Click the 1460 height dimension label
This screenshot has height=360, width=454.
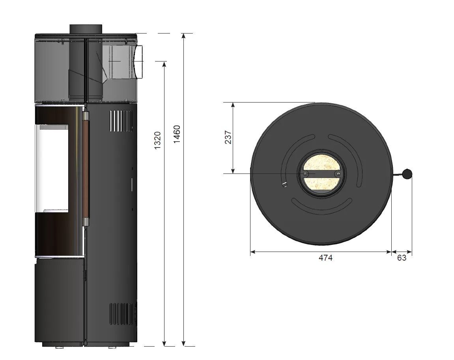pyautogui.click(x=177, y=134)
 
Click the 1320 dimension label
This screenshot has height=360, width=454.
pyautogui.click(x=157, y=140)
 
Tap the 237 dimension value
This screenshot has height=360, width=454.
pyautogui.click(x=228, y=137)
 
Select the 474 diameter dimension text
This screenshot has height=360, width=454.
pyautogui.click(x=325, y=257)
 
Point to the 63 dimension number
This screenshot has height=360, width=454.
pyautogui.click(x=402, y=257)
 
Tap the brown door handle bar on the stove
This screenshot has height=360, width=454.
pyautogui.click(x=86, y=168)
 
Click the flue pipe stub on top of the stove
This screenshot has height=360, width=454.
pyautogui.click(x=86, y=29)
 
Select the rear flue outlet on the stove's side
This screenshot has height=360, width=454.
pyautogui.click(x=138, y=62)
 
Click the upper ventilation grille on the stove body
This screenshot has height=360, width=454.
pyautogui.click(x=120, y=121)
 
